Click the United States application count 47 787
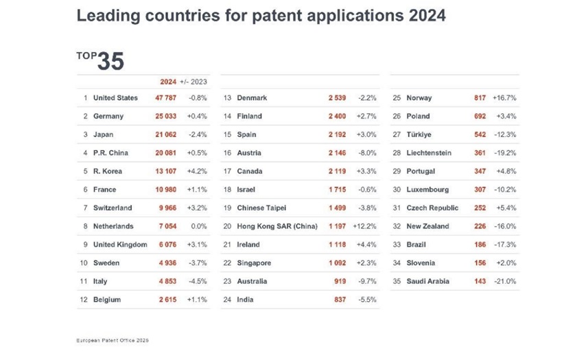point(167,98)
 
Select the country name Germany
point(108,117)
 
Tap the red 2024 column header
point(168,82)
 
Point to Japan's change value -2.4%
point(198,135)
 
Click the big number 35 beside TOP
point(110,61)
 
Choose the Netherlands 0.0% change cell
point(199,226)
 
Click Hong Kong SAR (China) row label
point(277,226)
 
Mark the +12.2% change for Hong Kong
point(365,226)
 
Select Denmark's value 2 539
point(338,98)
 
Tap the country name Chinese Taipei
point(261,208)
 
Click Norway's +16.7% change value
point(504,98)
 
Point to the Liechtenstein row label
point(429,153)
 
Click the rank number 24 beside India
point(228,300)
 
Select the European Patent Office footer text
point(113,339)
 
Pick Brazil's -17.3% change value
point(504,245)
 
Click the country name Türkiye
point(419,135)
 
